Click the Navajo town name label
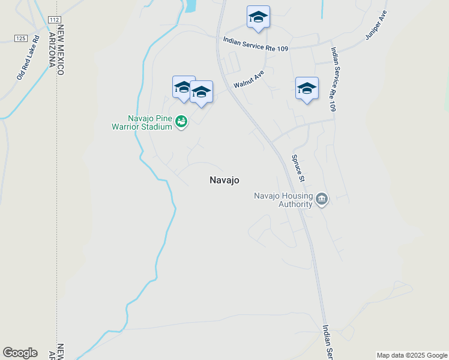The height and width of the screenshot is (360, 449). click(x=225, y=179)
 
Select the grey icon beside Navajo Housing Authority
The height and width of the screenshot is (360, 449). click(x=322, y=199)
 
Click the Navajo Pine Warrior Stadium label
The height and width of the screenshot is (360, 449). click(x=142, y=122)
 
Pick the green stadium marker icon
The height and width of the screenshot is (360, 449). click(x=181, y=122)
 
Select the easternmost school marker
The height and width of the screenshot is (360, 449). click(x=307, y=88)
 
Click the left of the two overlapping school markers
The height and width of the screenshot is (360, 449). click(x=182, y=88)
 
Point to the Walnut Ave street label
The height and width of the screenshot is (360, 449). click(x=249, y=79)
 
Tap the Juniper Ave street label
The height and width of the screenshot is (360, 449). click(x=376, y=25)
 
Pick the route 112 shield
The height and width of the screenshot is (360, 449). click(x=54, y=20)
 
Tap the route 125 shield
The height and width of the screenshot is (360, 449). click(x=20, y=38)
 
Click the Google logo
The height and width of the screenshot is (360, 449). click(x=20, y=353)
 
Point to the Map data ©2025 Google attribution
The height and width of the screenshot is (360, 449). click(x=412, y=355)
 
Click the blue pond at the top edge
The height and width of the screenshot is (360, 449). click(x=191, y=5)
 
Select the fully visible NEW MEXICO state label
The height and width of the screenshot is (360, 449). click(x=60, y=51)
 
